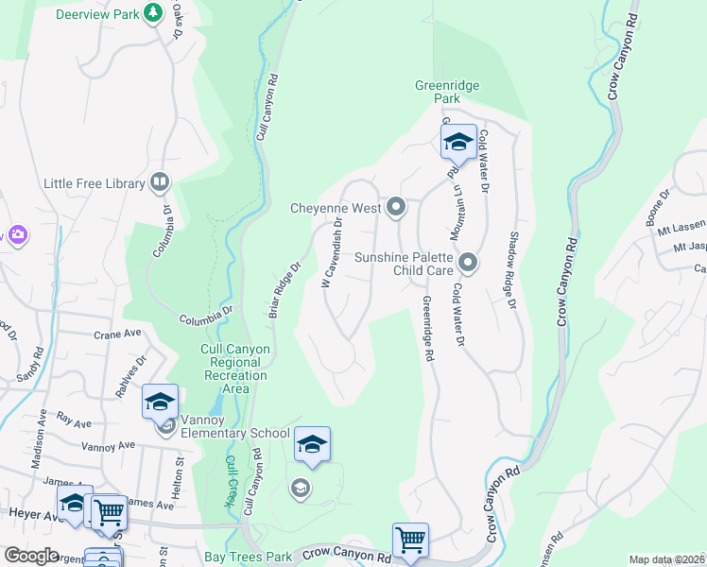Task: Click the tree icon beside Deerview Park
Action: tap(151, 14)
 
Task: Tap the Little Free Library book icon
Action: tap(160, 182)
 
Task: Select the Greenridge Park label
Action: tap(447, 93)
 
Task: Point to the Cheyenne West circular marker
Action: tap(396, 207)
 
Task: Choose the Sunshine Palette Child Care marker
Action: tap(467, 261)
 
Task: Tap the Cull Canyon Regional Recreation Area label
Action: tap(235, 369)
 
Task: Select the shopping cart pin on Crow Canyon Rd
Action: tap(410, 541)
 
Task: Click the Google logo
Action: tap(31, 556)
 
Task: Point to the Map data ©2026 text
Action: tap(665, 559)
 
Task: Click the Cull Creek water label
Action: tap(230, 483)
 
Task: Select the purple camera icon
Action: tap(16, 234)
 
